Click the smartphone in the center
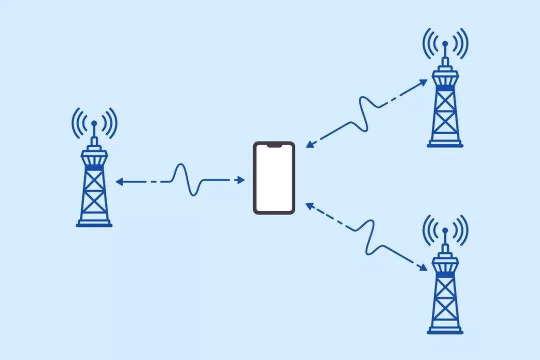(x=273, y=178)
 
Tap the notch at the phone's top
(x=273, y=145)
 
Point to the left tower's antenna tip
(x=94, y=122)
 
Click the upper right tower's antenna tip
(x=445, y=43)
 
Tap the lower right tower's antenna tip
(x=445, y=230)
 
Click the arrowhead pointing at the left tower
(x=119, y=182)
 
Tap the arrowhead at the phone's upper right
(x=309, y=144)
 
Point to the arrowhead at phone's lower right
(x=309, y=205)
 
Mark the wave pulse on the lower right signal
(x=369, y=235)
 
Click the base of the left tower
(x=94, y=224)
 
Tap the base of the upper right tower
(x=445, y=145)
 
